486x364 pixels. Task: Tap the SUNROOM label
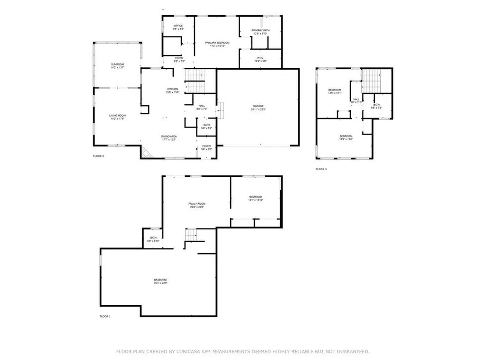(x=104, y=64)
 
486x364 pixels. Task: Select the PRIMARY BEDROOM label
(x=217, y=43)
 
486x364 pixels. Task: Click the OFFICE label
(x=178, y=26)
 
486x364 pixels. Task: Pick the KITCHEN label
(x=172, y=89)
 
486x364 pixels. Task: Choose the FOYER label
(x=206, y=146)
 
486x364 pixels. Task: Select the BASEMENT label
(x=160, y=280)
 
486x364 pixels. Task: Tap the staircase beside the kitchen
(x=195, y=81)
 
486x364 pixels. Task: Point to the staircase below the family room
(x=191, y=234)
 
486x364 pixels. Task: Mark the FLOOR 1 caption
(x=105, y=316)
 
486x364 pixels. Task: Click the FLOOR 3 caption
(x=321, y=169)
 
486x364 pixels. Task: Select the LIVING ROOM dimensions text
(x=117, y=118)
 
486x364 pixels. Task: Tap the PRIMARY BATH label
(x=261, y=30)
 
